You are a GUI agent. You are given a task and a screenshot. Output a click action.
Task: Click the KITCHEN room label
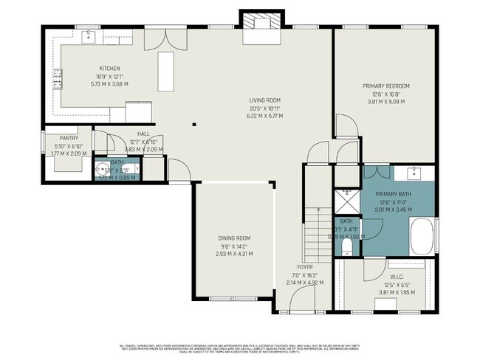[x=109, y=69]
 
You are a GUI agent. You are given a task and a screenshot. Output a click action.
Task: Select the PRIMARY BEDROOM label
[x=385, y=86]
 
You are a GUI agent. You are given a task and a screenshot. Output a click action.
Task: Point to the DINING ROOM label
[x=234, y=238]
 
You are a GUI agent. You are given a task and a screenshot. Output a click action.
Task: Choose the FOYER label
[x=306, y=266]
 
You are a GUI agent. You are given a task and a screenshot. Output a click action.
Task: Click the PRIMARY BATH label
[x=393, y=193]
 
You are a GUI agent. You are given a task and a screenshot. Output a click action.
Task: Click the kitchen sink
[x=87, y=35]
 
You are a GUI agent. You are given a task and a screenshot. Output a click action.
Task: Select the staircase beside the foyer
[x=316, y=224]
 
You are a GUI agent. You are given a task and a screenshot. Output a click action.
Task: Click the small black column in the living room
[x=194, y=125]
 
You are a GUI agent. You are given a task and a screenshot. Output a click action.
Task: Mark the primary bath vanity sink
[x=413, y=175]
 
